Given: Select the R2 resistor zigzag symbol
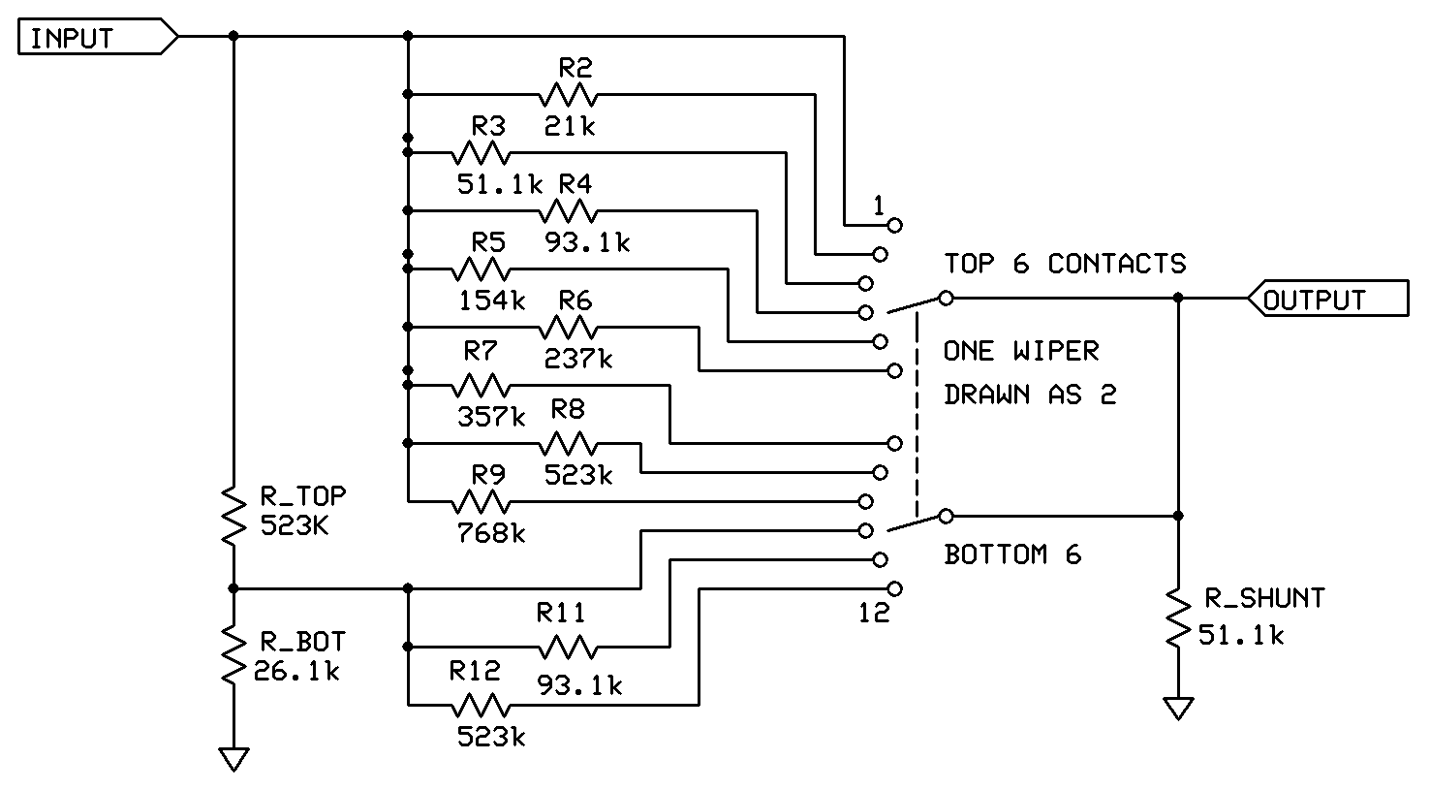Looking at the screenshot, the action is (568, 95).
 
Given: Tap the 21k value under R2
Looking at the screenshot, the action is (570, 126).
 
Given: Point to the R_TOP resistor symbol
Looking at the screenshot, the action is (233, 517).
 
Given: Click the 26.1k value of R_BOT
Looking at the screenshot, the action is (296, 671).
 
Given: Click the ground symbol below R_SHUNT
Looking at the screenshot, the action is (1178, 709).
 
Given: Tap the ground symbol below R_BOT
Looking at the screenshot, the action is (233, 760).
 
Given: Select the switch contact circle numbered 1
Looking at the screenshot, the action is (895, 225).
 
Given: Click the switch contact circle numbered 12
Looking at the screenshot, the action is (895, 589).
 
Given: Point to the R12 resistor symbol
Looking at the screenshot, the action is (481, 706).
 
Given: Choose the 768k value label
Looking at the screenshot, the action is (491, 533).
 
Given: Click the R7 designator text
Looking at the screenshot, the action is (481, 351).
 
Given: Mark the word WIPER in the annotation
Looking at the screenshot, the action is (1056, 351).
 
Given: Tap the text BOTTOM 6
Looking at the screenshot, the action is (1012, 554).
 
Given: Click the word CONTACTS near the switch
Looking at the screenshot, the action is (1116, 264).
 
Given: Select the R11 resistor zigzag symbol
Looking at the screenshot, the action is (568, 648).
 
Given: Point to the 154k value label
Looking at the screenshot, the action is (491, 301).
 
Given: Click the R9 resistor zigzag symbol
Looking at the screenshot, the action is (481, 501).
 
